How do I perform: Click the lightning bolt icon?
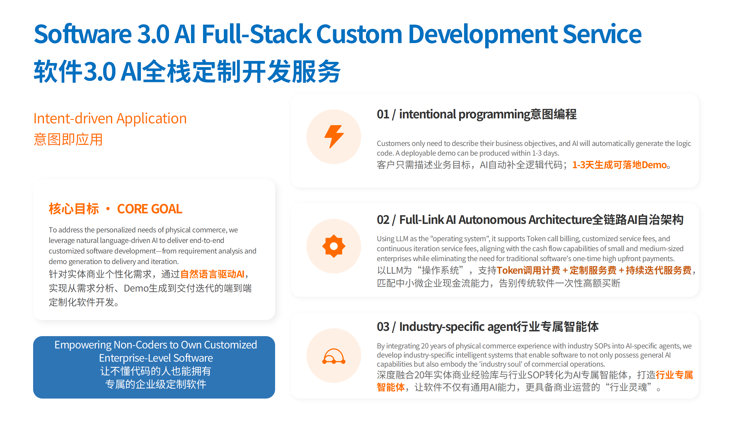coord(334,137)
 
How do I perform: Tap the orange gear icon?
coord(334,246)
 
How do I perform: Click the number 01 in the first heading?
coord(383,114)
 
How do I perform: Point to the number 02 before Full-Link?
coord(383,220)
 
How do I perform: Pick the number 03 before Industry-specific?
coord(383,327)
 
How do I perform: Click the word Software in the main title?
coord(83,34)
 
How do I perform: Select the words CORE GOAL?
coord(150,209)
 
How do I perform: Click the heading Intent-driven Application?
coord(110,119)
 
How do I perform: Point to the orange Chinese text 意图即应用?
coord(68,139)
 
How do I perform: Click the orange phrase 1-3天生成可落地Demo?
coord(620,165)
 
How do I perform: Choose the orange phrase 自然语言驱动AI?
coord(212,274)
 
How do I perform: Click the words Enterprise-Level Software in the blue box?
coord(156,358)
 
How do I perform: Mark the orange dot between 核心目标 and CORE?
coord(108,209)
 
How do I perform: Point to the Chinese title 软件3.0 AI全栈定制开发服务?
coord(187,71)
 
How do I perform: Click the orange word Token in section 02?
coord(510,270)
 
